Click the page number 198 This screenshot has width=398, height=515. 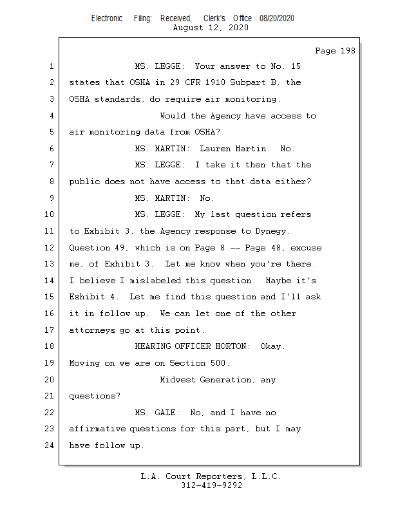(x=346, y=51)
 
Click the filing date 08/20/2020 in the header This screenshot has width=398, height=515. (x=277, y=19)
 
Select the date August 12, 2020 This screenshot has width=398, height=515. (x=211, y=28)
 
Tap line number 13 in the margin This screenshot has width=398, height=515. (x=50, y=264)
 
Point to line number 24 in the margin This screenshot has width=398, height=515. (x=50, y=445)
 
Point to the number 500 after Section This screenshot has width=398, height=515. (x=221, y=363)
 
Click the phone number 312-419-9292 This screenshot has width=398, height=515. (x=211, y=485)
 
